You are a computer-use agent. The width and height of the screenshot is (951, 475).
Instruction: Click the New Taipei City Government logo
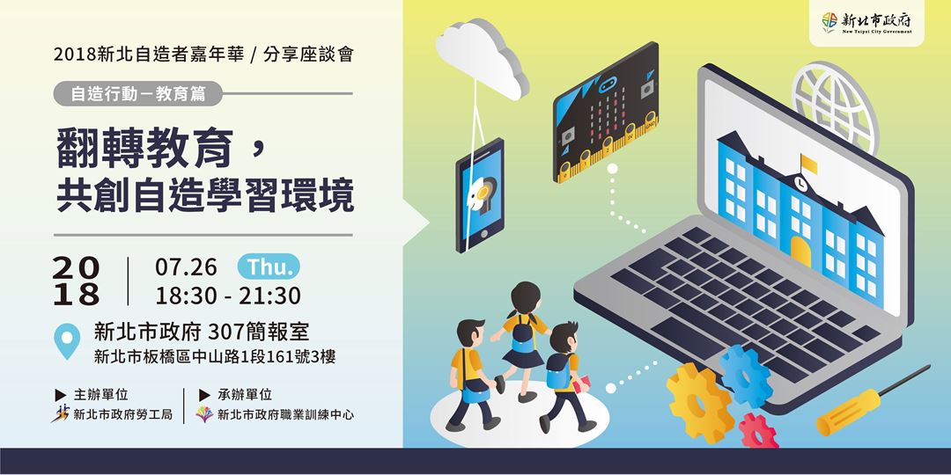point(865,22)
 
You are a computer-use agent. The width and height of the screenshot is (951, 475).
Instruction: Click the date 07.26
point(184,266)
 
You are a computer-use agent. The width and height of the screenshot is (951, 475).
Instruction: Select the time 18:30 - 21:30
point(228,295)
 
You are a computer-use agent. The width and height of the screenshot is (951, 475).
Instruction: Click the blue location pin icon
point(67,341)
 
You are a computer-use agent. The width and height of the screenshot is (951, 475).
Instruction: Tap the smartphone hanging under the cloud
point(481,193)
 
